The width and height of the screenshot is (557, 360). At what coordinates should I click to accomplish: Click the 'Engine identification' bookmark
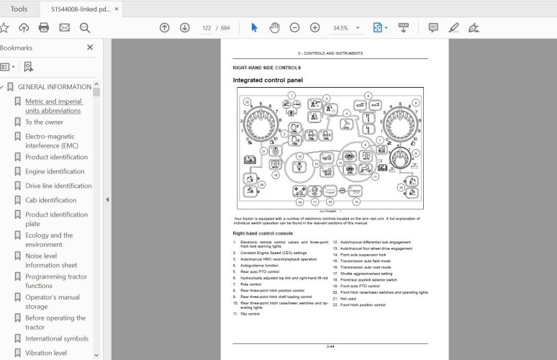coord(55,171)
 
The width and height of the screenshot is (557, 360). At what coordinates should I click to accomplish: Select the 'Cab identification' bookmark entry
coord(50,200)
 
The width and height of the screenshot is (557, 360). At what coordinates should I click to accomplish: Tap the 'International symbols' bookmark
coord(57,338)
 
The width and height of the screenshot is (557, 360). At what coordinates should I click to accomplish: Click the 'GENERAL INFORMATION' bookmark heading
coord(54,86)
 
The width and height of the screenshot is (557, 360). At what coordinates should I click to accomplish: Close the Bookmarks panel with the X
coord(90,48)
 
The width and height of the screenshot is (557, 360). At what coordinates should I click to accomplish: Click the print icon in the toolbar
coord(44,27)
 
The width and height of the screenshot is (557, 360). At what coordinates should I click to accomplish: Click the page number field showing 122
coord(207,27)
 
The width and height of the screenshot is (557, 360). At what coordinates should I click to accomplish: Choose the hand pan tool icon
coord(274,27)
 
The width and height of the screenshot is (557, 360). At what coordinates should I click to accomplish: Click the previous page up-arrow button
coord(165,27)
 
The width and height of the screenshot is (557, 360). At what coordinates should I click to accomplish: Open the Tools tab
coord(19,9)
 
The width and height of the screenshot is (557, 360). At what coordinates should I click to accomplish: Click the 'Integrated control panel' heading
coord(268,80)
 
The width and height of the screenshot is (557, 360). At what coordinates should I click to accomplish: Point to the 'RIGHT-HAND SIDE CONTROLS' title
coord(262,68)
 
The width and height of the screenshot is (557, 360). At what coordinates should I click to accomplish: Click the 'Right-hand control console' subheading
coord(262,233)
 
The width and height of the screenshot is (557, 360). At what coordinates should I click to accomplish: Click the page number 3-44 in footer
coord(330,347)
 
